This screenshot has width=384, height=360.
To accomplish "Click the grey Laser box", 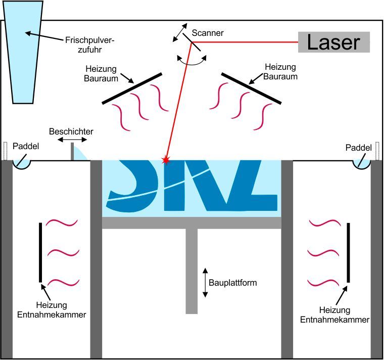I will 333,42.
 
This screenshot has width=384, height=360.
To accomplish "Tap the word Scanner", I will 208,33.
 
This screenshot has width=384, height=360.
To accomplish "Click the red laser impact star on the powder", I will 164,160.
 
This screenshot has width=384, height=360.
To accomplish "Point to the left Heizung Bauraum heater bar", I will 132,88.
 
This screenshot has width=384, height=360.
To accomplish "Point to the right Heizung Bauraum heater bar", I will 251,88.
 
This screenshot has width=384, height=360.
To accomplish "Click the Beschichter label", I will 71,131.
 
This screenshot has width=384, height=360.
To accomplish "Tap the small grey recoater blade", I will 72,152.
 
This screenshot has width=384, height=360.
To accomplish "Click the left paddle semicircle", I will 22,164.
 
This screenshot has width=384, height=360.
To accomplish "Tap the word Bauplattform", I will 234,283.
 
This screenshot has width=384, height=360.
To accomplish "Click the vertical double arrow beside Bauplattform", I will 205,283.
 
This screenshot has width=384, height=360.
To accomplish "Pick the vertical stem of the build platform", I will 191,271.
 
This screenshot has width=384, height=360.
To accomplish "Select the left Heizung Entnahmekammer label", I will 61,309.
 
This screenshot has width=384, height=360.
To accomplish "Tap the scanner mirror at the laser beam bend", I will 195,46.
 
